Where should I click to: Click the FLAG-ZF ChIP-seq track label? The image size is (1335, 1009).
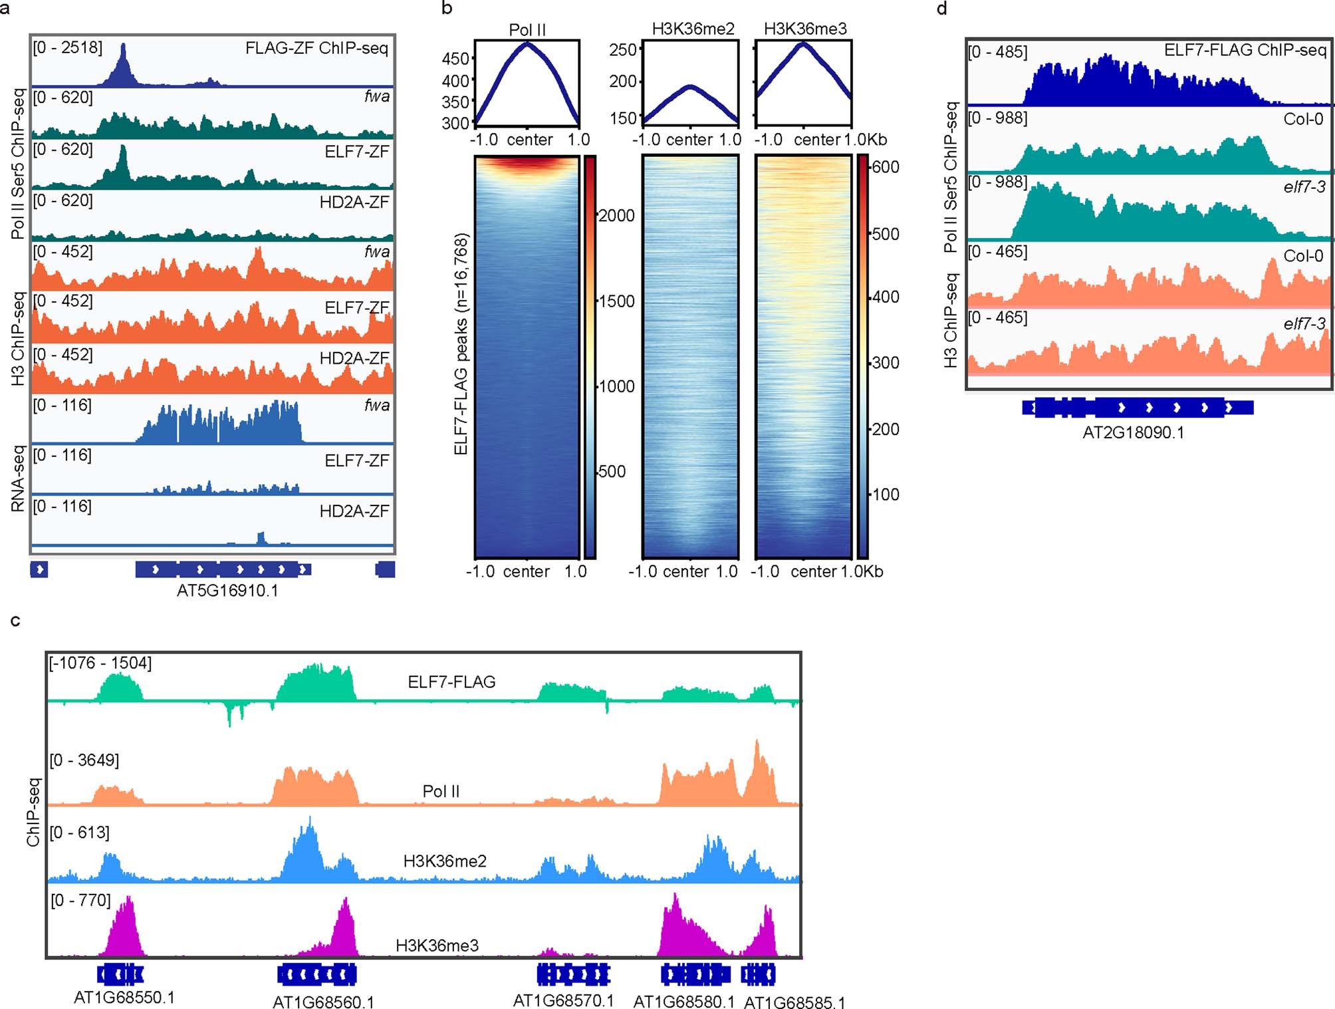316,49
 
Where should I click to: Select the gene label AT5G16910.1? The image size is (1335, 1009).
227,591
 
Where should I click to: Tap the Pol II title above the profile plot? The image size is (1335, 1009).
527,30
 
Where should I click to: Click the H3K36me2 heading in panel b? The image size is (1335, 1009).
693,29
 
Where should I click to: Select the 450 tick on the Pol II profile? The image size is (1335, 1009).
456,59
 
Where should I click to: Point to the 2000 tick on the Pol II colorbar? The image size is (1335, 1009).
616,216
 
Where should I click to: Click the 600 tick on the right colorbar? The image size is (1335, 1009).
886,167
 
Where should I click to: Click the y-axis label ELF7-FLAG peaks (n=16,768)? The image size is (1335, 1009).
461,344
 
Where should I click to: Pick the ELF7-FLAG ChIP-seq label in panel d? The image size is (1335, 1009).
1245,51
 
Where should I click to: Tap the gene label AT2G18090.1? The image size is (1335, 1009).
1133,433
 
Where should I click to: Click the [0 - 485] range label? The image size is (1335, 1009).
997,52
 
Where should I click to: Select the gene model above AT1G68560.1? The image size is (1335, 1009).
316,974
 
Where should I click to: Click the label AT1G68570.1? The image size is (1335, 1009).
563,1000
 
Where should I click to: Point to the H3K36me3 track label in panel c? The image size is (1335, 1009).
437,945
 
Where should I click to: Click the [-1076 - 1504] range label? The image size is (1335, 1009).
100,663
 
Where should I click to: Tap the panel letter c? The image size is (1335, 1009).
15,621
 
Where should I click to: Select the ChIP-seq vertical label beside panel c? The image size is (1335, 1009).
33,812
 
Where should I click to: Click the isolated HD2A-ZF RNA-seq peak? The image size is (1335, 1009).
261,537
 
